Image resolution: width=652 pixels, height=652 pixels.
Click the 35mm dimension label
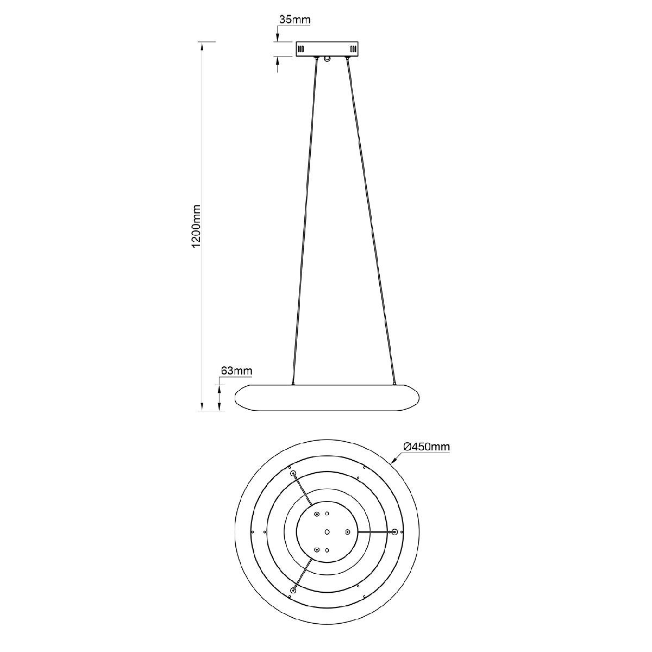coord(294,20)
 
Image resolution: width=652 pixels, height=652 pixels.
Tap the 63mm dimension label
coord(236,371)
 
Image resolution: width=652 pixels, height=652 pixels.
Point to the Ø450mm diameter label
coord(427,447)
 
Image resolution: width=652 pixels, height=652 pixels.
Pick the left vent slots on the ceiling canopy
coord(301,49)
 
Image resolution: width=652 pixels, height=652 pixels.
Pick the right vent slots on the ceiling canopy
coord(353,49)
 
